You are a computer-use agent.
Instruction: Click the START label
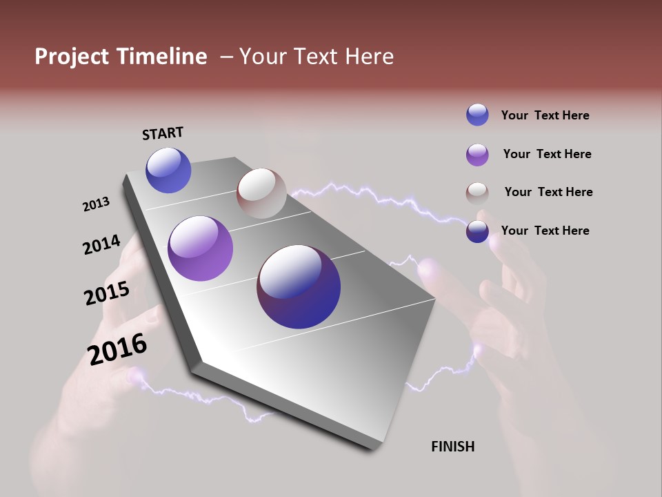click(163, 133)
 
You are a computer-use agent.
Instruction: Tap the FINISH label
click(453, 447)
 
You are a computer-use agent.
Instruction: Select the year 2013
click(97, 204)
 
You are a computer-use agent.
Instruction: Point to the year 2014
click(101, 244)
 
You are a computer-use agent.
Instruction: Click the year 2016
click(118, 349)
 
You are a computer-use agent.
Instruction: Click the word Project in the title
click(72, 57)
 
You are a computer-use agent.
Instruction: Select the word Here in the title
click(369, 57)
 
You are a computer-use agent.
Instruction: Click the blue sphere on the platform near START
click(168, 170)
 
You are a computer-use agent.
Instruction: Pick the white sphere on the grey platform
click(261, 193)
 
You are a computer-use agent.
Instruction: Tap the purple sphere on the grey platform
click(200, 248)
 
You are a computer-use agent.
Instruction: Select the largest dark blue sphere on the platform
click(299, 286)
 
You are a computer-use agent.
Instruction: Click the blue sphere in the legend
click(477, 115)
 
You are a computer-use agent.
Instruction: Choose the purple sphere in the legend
click(477, 155)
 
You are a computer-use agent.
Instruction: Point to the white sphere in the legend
click(477, 193)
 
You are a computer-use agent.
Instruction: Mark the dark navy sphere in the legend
click(477, 231)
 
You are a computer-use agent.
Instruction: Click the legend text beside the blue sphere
click(545, 115)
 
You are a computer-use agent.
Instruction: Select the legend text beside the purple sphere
click(547, 154)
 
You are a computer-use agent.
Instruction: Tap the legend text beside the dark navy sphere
click(545, 231)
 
